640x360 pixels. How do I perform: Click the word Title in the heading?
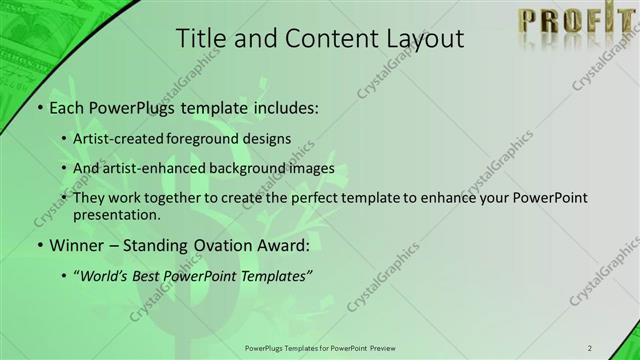point(200,39)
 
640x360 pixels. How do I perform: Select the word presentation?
point(115,214)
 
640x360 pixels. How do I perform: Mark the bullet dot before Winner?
point(37,245)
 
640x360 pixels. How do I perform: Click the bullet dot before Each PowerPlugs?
point(37,107)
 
